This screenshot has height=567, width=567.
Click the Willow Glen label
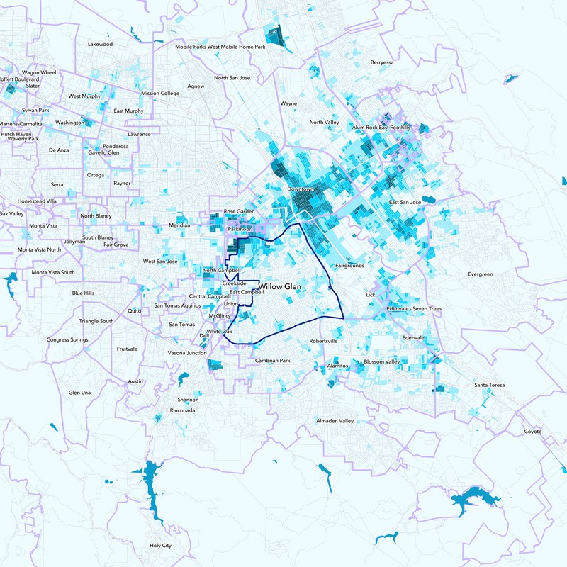pos(286,286)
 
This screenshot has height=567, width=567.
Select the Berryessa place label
pos(382,62)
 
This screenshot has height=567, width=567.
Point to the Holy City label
pos(160,546)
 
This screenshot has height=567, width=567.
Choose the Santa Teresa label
pos(490,385)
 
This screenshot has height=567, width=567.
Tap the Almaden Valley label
pos(335,421)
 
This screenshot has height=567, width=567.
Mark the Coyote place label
pos(532,431)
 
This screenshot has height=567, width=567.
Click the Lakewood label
pos(100,44)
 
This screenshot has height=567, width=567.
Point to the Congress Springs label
pos(67,339)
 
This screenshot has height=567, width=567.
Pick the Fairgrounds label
pos(349,266)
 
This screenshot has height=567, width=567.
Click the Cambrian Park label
pos(273,361)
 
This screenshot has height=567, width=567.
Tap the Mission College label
pos(160,93)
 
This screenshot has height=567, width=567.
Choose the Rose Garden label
pos(239,211)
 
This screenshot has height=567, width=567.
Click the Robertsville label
pos(323,341)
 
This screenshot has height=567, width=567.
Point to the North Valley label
pos(324,123)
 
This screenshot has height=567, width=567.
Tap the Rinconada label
pos(183,410)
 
